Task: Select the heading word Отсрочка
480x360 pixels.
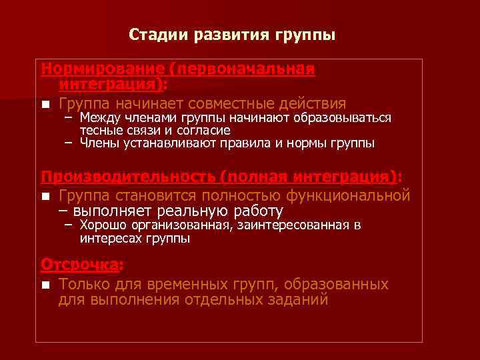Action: click(x=79, y=265)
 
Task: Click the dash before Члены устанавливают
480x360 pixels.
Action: click(x=69, y=143)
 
